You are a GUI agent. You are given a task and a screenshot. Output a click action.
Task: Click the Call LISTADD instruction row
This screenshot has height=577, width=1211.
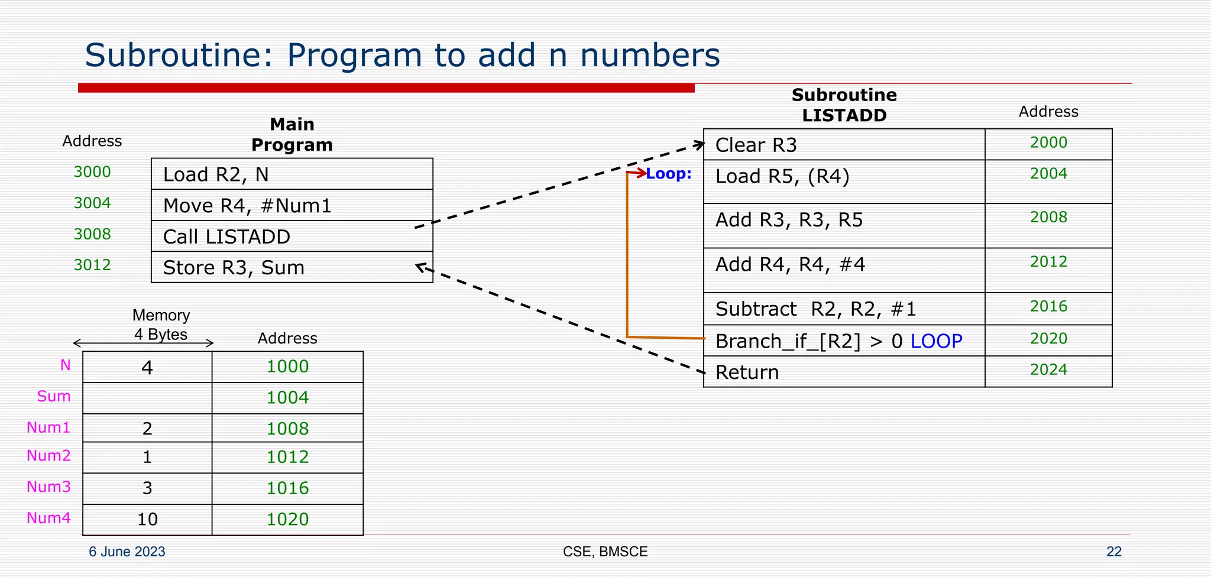(226, 236)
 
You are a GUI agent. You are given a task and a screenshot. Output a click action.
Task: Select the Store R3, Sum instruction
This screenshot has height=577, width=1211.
(234, 268)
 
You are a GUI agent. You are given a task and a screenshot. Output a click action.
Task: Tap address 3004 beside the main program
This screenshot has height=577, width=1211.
(92, 203)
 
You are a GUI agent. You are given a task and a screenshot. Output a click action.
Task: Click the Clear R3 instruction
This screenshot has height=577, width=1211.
(756, 145)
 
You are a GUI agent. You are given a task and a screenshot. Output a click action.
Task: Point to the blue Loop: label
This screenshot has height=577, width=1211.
(668, 174)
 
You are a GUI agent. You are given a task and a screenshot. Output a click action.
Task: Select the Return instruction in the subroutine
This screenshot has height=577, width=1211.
(747, 372)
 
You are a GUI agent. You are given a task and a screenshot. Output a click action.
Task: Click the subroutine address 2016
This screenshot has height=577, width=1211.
(1048, 306)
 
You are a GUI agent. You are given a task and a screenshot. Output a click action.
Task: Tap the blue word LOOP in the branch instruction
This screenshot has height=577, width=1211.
(936, 341)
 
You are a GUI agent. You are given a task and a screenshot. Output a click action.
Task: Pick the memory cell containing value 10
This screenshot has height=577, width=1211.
(147, 519)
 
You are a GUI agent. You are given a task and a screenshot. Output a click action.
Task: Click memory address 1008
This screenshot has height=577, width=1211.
(287, 429)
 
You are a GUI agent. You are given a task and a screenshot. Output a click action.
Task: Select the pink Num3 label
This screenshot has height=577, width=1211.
(48, 487)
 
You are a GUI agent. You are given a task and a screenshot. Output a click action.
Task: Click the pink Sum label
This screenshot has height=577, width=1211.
(53, 396)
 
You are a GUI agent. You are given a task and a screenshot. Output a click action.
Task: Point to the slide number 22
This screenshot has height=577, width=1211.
(1113, 552)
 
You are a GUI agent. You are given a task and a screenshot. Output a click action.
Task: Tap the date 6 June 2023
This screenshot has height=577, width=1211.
(127, 552)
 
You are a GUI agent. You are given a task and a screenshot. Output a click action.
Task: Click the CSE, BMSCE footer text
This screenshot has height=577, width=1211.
(605, 552)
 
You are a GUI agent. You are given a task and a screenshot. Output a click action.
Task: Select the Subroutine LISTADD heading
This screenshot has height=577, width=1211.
(844, 105)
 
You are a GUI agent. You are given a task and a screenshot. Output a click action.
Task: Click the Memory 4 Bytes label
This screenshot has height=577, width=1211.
(161, 325)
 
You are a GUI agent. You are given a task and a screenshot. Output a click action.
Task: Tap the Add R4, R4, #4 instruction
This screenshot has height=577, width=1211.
(790, 264)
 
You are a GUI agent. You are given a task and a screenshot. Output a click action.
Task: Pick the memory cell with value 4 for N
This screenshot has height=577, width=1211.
(147, 368)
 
